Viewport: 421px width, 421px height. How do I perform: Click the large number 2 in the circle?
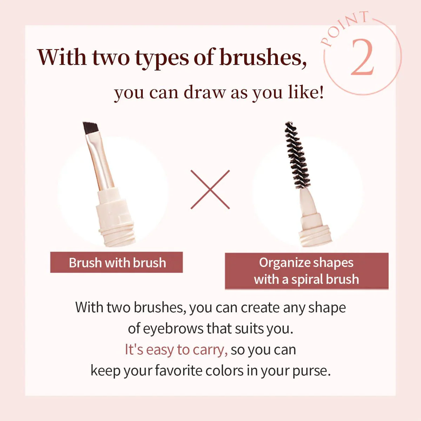[x=362, y=57]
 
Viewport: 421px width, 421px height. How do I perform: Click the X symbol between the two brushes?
[x=210, y=189]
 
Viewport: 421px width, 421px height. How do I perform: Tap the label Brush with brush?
[x=117, y=263]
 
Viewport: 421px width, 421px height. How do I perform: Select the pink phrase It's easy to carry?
[x=176, y=350]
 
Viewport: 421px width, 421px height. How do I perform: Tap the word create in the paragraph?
[x=260, y=308]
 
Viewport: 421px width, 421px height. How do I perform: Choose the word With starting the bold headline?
[x=62, y=57]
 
